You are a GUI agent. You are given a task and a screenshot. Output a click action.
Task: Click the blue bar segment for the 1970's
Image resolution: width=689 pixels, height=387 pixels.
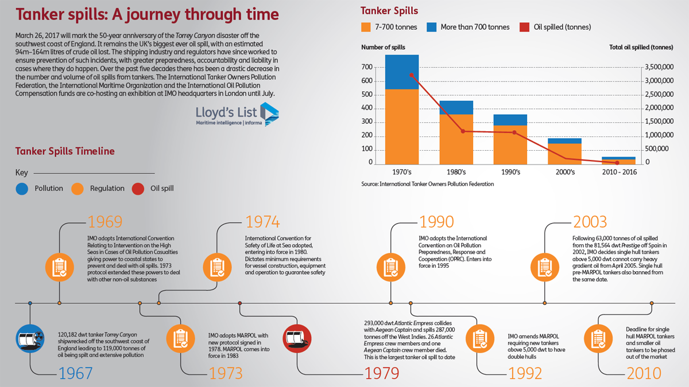click(x=402, y=72)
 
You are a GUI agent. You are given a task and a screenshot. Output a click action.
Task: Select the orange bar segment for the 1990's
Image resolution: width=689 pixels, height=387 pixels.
click(x=510, y=144)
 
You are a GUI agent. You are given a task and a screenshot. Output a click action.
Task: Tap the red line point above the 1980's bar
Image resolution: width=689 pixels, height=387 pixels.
click(x=463, y=131)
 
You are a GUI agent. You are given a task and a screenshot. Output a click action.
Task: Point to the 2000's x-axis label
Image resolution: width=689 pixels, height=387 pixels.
click(x=565, y=172)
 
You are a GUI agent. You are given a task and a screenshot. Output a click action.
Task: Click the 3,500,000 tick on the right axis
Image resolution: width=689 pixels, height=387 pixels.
click(x=659, y=67)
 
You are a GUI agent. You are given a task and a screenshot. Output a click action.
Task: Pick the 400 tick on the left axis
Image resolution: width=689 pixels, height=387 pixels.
click(x=367, y=108)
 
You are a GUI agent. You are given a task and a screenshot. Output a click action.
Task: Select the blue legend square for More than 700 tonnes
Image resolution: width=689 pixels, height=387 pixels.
click(x=432, y=27)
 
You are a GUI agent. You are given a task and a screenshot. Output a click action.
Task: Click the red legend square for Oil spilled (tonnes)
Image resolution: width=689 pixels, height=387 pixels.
click(x=524, y=27)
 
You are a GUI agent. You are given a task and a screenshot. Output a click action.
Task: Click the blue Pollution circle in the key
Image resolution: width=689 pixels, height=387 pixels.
click(x=22, y=189)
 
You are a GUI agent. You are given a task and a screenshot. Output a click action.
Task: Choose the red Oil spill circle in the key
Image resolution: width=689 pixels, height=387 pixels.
click(x=138, y=189)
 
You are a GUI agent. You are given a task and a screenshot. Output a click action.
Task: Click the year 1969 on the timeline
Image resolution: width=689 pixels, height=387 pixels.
click(x=105, y=221)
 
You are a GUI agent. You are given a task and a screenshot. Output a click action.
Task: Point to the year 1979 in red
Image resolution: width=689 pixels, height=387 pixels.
click(x=382, y=373)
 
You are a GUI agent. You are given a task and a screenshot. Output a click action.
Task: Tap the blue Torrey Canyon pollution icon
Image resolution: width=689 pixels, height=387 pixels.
click(x=30, y=338)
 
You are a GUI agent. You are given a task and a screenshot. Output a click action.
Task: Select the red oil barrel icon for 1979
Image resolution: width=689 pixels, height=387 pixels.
click(x=297, y=338)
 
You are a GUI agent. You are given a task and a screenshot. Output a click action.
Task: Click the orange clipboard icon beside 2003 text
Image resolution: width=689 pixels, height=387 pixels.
click(x=545, y=267)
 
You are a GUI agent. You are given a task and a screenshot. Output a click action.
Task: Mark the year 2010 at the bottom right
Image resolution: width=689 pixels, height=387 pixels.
click(x=644, y=373)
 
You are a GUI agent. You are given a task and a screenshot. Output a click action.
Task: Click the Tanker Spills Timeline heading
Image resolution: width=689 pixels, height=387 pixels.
click(x=65, y=151)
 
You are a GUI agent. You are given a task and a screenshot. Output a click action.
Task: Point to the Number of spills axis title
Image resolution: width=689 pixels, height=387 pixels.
click(x=383, y=47)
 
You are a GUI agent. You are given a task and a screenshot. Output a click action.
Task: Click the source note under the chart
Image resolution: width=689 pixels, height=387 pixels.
click(x=428, y=184)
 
